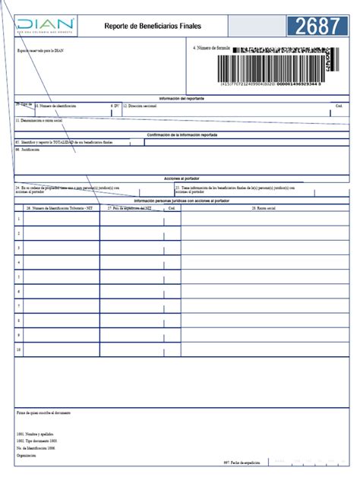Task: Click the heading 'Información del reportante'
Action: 181,99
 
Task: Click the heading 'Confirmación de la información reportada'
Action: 181,134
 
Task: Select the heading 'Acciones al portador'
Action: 181,178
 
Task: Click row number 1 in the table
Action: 19,219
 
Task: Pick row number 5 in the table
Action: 19,276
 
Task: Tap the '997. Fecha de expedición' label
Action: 242,462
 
